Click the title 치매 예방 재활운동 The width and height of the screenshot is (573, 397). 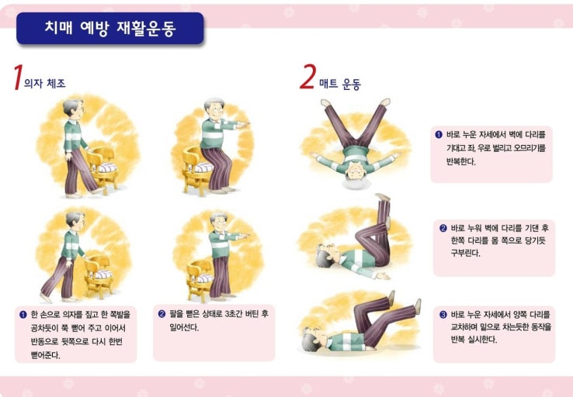pyautogui.click(x=110, y=28)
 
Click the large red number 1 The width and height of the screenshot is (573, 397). pyautogui.click(x=18, y=77)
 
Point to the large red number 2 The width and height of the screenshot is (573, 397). pyautogui.click(x=307, y=76)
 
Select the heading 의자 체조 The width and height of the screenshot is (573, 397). pyautogui.click(x=44, y=83)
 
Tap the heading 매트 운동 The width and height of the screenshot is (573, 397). pyautogui.click(x=340, y=85)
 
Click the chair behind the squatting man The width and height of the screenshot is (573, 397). pyautogui.click(x=197, y=170)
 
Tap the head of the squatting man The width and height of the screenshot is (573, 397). pyautogui.click(x=214, y=108)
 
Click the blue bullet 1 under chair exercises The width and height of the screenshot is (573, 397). pyautogui.click(x=23, y=315)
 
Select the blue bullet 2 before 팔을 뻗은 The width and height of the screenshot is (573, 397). pyautogui.click(x=162, y=314)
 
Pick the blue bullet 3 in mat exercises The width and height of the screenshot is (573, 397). pyautogui.click(x=443, y=315)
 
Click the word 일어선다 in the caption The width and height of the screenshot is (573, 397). pyautogui.click(x=184, y=327)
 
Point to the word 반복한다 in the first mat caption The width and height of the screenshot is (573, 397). pyautogui.click(x=461, y=161)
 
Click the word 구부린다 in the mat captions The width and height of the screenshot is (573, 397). pyautogui.click(x=465, y=253)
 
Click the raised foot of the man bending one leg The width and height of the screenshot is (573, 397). pyautogui.click(x=383, y=197)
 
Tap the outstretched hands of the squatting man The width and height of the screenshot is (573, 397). pyautogui.click(x=243, y=125)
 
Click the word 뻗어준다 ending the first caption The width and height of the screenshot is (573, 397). pyautogui.click(x=45, y=355)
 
